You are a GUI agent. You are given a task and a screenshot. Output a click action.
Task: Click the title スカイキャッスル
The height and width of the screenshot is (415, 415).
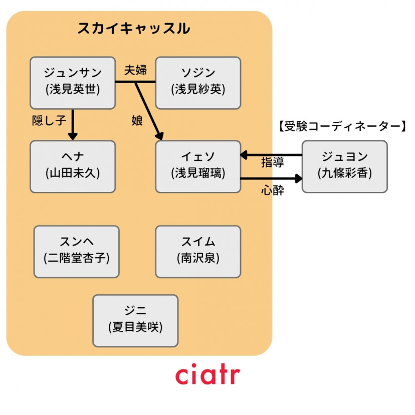click(x=133, y=29)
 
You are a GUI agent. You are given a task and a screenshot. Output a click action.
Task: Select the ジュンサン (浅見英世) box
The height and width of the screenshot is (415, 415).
click(x=73, y=83)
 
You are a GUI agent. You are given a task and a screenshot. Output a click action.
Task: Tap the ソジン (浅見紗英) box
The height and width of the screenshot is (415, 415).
click(x=198, y=83)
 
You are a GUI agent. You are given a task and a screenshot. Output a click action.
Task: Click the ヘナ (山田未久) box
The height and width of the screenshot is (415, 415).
click(x=73, y=166)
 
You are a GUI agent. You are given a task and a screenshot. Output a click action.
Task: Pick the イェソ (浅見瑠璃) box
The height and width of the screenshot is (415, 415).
click(x=198, y=166)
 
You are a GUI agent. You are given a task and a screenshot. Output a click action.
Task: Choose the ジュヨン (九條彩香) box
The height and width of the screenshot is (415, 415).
click(x=344, y=166)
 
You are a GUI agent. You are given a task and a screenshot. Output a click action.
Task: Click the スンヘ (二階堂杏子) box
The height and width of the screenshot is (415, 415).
click(x=76, y=251)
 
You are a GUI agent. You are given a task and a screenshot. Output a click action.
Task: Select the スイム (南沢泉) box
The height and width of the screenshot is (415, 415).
click(x=198, y=251)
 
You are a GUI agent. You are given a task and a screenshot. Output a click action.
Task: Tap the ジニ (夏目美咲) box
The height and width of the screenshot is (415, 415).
click(x=135, y=320)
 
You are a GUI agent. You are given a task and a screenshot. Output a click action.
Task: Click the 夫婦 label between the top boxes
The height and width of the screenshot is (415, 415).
click(x=135, y=70)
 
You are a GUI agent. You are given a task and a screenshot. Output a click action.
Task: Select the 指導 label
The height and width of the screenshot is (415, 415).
click(x=273, y=163)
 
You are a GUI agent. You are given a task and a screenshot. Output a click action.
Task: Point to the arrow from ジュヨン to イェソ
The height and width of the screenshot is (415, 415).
click(x=271, y=155)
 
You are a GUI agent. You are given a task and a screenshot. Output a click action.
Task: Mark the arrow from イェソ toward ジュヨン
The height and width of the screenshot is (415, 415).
click(x=271, y=178)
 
